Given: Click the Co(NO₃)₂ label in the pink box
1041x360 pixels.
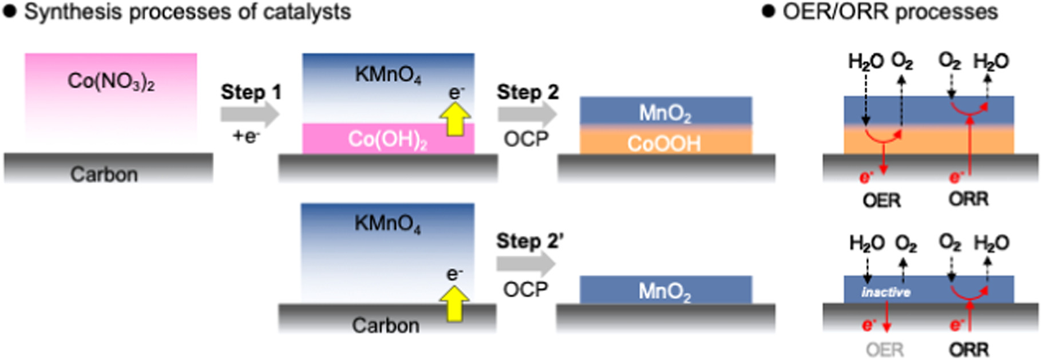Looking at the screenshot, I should click(111, 81).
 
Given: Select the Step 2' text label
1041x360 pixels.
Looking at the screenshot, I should click(529, 241).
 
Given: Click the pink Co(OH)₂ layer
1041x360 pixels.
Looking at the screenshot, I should click(387, 139).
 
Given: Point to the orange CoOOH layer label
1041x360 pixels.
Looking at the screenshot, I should click(664, 143).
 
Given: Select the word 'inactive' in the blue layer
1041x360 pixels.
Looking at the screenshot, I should click(885, 292).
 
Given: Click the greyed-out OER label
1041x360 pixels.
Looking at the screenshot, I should click(884, 350).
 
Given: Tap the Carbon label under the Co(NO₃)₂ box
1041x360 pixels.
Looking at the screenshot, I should click(104, 174).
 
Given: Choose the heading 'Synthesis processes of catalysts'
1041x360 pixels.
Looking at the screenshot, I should click(187, 12).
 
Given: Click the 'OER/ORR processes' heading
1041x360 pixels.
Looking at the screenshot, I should click(890, 12).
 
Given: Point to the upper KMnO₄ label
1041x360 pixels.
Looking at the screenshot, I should click(387, 74).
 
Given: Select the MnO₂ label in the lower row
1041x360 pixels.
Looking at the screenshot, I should click(664, 292).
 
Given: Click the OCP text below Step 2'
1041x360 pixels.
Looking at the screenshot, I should click(525, 290).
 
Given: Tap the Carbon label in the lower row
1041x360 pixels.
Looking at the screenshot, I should click(385, 325).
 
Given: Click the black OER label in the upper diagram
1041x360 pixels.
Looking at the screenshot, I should click(881, 200).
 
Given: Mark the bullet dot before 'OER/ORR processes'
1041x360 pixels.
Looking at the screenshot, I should click(768, 11).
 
